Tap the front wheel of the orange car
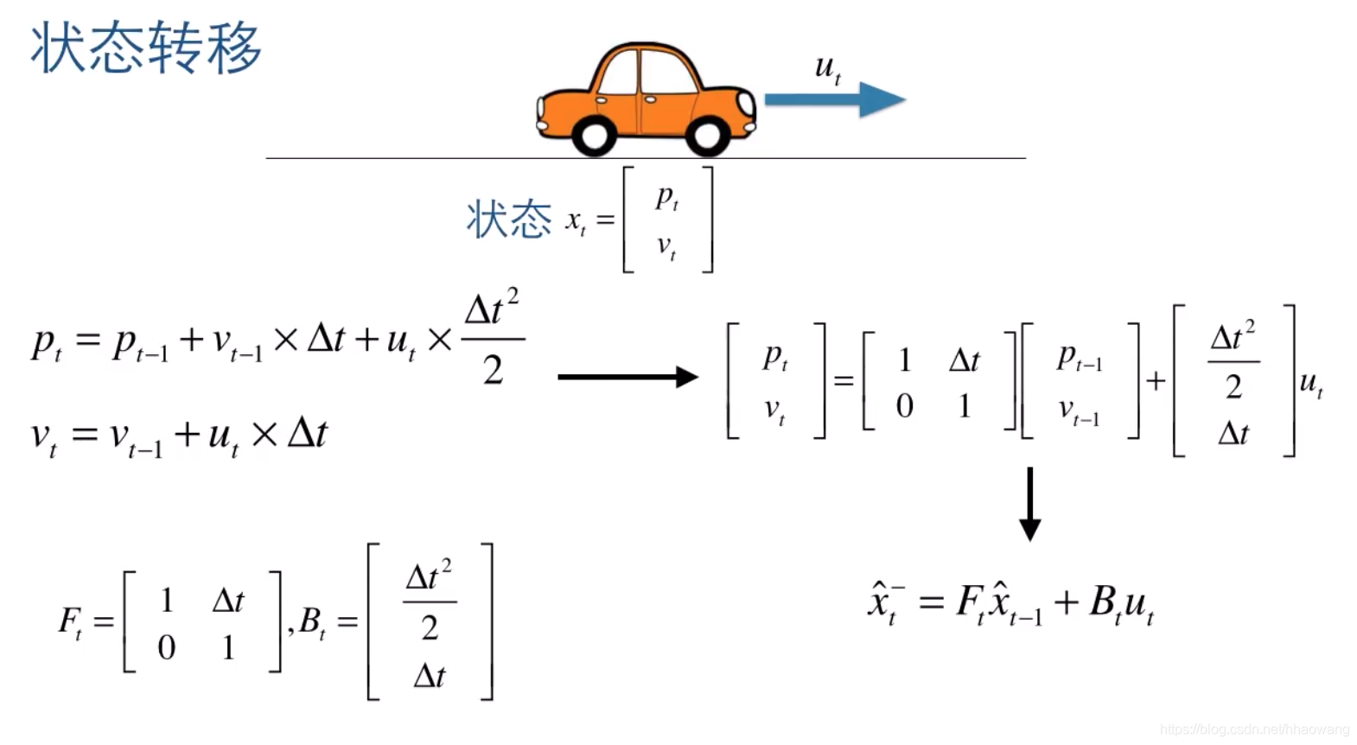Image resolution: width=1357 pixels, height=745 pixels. pyautogui.click(x=708, y=135)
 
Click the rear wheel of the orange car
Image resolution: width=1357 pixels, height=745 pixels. pyautogui.click(x=595, y=135)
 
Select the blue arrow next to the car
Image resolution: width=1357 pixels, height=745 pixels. pyautogui.click(x=834, y=99)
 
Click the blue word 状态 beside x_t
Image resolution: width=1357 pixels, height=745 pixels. pyautogui.click(x=508, y=219)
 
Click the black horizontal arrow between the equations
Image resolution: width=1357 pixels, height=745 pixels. pyautogui.click(x=628, y=377)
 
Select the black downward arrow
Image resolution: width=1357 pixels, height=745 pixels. pyautogui.click(x=1029, y=504)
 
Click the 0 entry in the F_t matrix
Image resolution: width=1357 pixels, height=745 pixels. pyautogui.click(x=166, y=647)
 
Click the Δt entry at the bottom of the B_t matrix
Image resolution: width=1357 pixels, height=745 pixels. pyautogui.click(x=430, y=675)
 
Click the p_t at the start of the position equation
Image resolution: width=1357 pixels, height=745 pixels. pyautogui.click(x=46, y=342)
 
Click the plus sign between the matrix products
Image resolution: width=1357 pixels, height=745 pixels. pyautogui.click(x=1156, y=380)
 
